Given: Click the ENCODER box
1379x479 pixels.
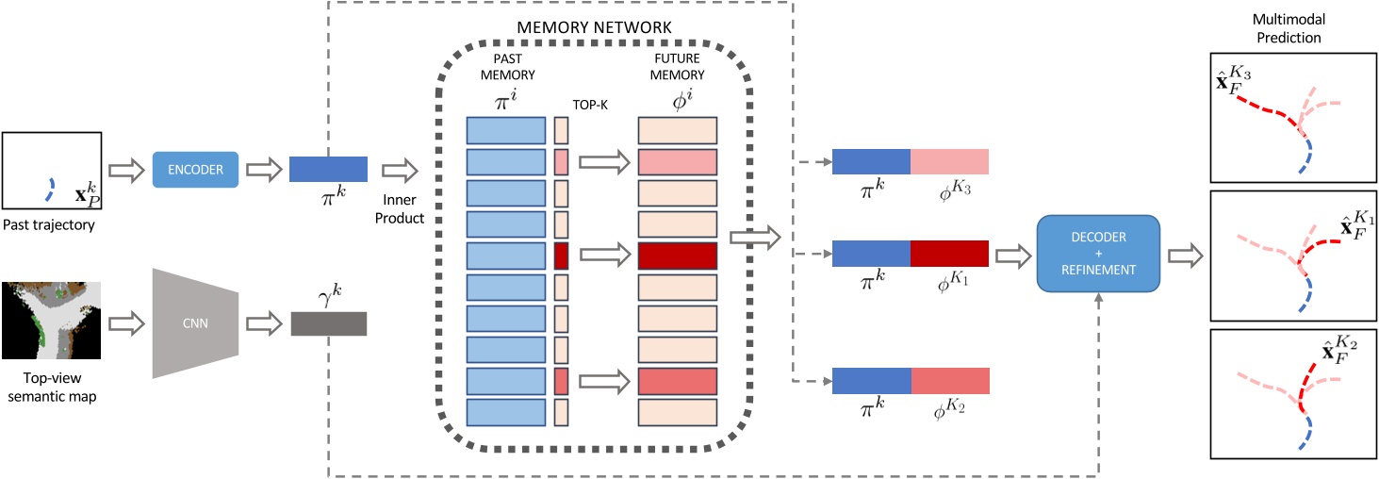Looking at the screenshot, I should [194, 170].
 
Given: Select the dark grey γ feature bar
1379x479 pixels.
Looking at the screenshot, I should [327, 323].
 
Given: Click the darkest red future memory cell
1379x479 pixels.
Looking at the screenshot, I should [678, 256].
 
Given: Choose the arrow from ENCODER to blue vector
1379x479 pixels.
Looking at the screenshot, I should [263, 170].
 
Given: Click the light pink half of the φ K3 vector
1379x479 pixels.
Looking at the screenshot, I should [949, 161].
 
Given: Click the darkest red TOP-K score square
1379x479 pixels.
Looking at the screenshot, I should [561, 256].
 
